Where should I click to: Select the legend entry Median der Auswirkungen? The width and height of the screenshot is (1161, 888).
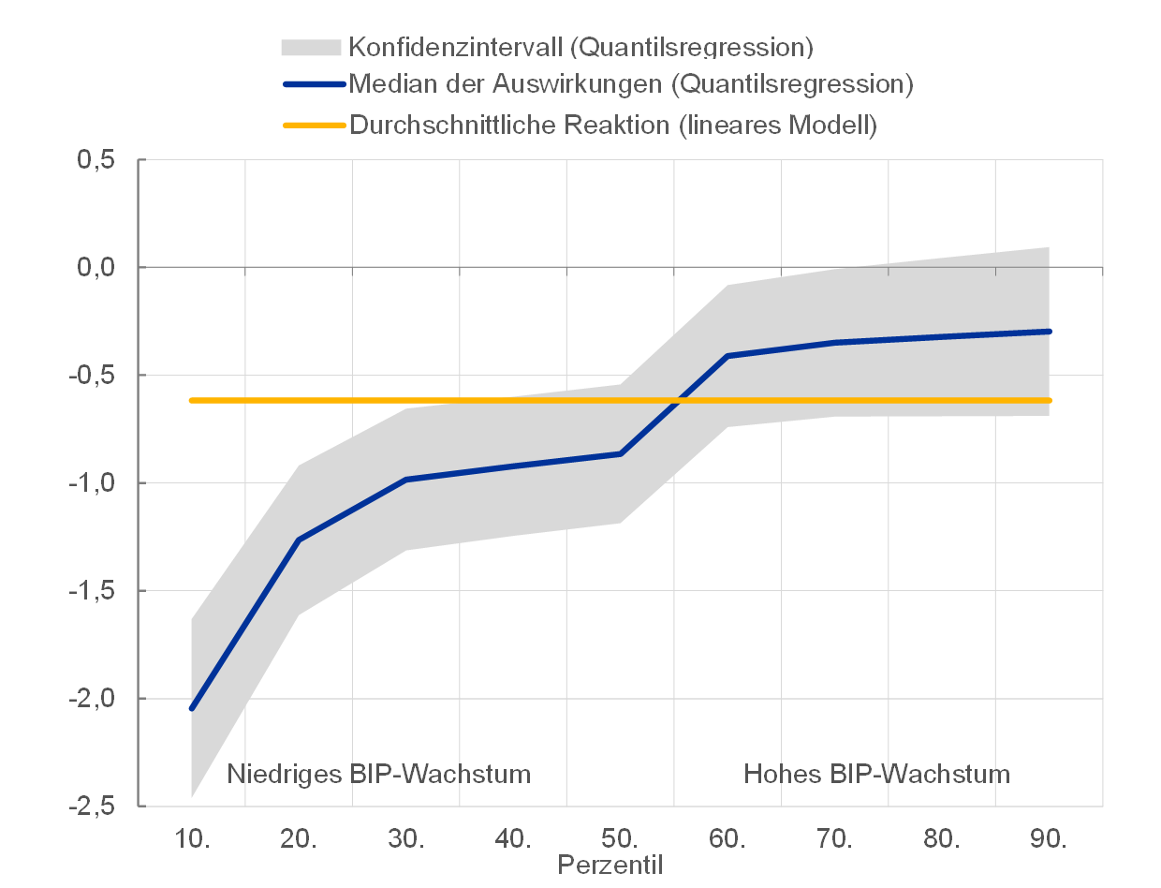631,84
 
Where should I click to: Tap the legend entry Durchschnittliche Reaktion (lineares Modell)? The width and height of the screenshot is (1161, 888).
613,125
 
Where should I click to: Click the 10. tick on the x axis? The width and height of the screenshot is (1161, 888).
192,838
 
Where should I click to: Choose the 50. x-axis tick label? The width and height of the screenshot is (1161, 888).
621,838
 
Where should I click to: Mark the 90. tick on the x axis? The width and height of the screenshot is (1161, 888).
1050,838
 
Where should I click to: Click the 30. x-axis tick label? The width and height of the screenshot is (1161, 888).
406,838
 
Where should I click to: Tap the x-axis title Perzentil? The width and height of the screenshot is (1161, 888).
610,865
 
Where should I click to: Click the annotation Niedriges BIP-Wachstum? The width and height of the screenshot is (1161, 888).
379,775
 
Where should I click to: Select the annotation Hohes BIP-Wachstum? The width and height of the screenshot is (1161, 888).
877,775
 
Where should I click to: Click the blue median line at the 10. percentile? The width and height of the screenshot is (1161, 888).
192,708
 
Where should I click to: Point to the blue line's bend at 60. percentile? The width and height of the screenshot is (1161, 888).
727,356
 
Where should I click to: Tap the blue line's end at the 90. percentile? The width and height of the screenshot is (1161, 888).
1049,332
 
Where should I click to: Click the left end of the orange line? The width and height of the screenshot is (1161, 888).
192,400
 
